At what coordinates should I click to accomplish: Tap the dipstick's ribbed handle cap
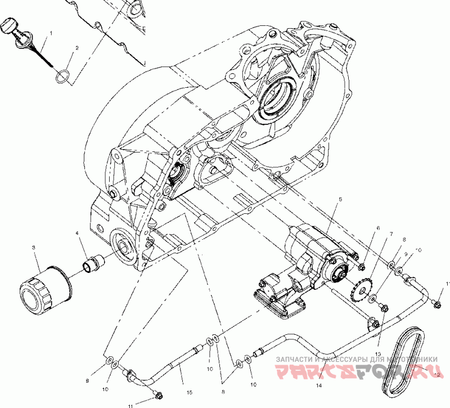(12, 26)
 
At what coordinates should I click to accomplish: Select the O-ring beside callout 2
(64, 77)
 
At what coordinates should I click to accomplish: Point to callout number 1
(51, 34)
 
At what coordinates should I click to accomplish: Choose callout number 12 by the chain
(437, 374)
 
